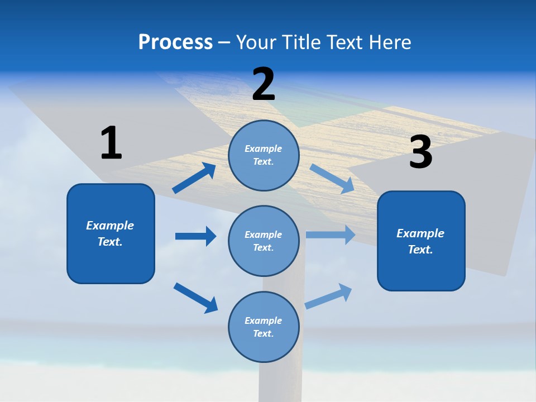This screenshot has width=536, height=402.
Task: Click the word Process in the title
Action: [x=175, y=42]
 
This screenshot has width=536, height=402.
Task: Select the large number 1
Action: [x=111, y=143]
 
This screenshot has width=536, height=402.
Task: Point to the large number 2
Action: [x=264, y=84]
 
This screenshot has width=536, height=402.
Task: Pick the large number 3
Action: [x=420, y=152]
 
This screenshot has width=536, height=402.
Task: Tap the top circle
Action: [x=264, y=155]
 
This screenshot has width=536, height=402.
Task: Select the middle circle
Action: [x=264, y=241]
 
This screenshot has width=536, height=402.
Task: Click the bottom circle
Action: [x=264, y=327]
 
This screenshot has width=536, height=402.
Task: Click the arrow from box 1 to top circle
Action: [x=194, y=178]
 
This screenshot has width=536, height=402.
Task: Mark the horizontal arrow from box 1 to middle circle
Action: [x=195, y=236]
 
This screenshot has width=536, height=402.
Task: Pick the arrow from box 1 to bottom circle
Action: [x=195, y=297]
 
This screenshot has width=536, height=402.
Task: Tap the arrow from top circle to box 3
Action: [x=332, y=179]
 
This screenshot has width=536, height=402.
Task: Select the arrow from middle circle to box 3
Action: [x=331, y=235]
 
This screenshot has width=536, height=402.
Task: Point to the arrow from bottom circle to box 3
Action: [x=329, y=296]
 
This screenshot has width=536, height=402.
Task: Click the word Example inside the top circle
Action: [x=264, y=149]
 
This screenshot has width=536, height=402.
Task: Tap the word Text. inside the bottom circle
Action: [x=264, y=333]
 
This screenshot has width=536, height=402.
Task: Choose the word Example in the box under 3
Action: [x=420, y=233]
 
